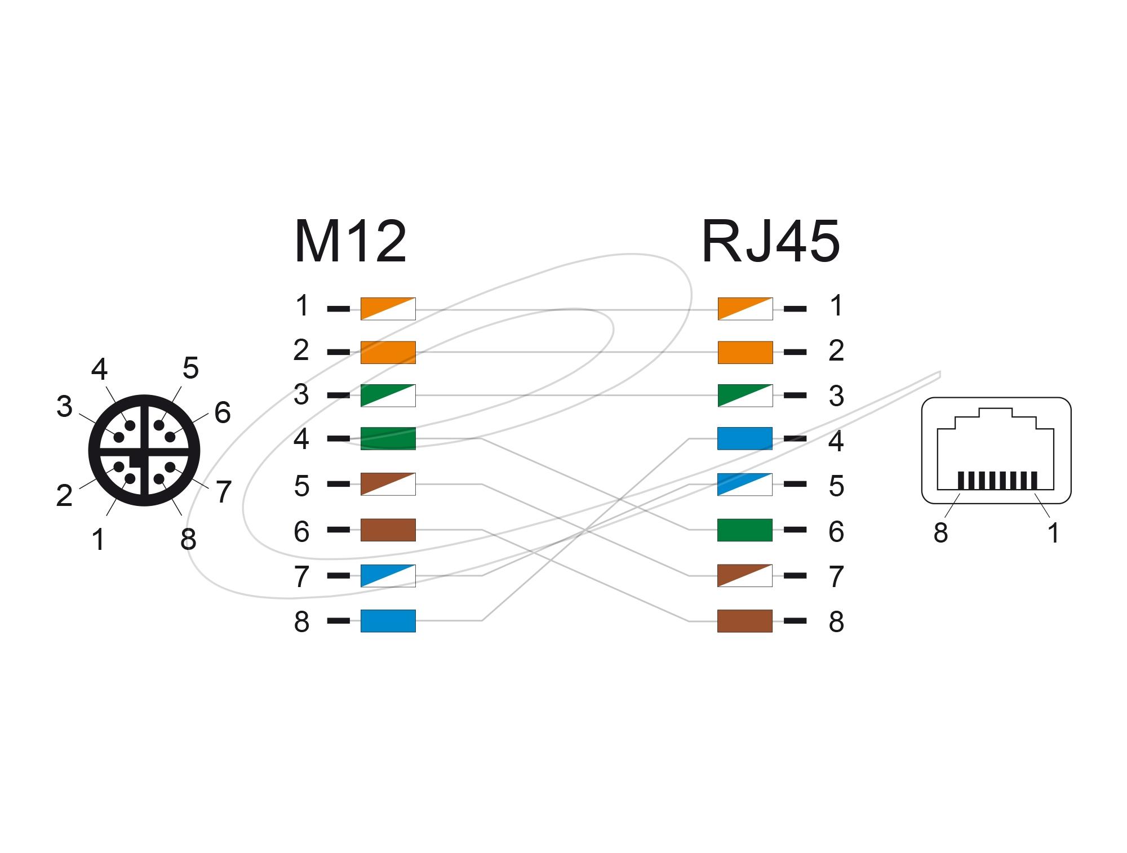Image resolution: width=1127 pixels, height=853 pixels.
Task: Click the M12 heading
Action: coord(350,243)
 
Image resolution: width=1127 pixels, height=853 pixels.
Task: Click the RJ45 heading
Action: coord(770,243)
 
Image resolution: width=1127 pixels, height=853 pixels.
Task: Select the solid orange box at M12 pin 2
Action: coord(388,352)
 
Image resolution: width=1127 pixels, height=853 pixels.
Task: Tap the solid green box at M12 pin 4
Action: coord(388,438)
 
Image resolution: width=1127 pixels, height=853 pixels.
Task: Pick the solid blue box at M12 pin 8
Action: coord(388,621)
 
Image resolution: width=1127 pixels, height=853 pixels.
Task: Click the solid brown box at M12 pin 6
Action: coord(388,530)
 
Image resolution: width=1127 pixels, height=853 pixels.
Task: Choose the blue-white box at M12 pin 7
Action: coord(388,576)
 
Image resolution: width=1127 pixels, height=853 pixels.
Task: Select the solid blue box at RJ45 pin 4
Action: coord(744,438)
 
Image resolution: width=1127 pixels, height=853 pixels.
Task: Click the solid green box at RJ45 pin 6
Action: coord(744,530)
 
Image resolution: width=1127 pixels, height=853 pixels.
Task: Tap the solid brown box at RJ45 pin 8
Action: coord(744,621)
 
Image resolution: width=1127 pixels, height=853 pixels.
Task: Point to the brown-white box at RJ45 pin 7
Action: coord(744,575)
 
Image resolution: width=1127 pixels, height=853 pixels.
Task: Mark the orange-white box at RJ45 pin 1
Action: coord(745,309)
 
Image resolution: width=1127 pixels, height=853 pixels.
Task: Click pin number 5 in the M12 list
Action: coord(301,486)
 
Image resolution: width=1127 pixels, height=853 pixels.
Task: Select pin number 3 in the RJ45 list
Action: coord(836,396)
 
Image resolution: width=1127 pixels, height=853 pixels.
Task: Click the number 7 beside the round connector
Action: coord(223,492)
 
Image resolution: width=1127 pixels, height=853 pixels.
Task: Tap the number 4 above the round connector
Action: coord(99,370)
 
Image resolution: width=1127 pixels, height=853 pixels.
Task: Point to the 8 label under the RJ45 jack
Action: coord(940,533)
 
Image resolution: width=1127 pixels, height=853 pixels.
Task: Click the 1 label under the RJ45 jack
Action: coord(1053,533)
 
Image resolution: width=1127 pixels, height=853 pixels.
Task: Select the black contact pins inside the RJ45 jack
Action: coord(997,481)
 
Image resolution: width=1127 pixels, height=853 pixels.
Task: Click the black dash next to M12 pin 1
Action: coord(338,309)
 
